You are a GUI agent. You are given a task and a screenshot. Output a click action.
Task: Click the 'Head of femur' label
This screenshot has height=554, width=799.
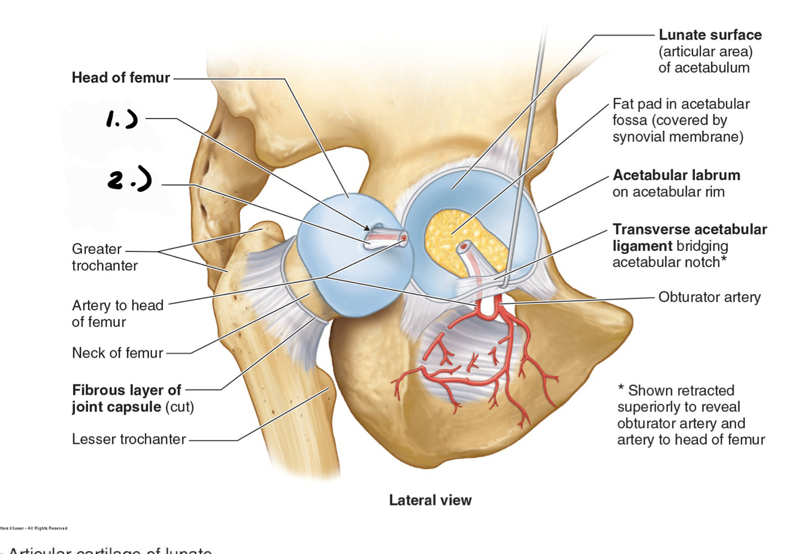[120, 78]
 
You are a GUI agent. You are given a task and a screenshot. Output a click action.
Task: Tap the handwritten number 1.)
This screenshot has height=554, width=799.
[122, 119]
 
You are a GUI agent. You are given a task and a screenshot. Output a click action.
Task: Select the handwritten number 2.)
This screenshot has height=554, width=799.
[129, 179]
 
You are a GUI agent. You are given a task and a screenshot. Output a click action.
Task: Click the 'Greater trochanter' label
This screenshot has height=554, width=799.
[104, 257]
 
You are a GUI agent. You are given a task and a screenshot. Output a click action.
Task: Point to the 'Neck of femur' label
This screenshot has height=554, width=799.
[117, 353]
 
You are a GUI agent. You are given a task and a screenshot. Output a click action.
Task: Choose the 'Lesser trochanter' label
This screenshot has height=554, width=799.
[129, 439]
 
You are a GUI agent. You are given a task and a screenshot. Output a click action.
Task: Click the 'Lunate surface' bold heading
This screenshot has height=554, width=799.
[710, 35]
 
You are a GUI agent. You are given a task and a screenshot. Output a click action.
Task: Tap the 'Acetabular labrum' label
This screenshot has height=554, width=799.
[676, 175]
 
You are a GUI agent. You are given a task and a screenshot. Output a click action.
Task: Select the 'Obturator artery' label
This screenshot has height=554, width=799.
[709, 297]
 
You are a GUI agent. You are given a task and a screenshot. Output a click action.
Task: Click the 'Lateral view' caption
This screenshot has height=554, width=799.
[430, 500]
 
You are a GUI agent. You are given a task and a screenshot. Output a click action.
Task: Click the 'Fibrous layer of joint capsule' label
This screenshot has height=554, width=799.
[133, 398]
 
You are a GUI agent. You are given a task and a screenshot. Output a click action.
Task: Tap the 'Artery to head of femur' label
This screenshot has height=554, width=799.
[117, 313]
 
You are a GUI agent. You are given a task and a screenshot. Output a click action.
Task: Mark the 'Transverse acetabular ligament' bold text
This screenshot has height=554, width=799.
[689, 237]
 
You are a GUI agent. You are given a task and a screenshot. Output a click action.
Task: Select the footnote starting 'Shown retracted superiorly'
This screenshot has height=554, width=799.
[691, 415]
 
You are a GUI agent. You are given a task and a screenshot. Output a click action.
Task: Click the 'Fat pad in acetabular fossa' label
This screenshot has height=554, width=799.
[680, 120]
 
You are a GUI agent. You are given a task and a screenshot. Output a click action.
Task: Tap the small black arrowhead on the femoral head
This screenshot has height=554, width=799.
[367, 228]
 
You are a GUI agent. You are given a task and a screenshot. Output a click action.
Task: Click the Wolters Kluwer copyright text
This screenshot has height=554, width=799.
[34, 528]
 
